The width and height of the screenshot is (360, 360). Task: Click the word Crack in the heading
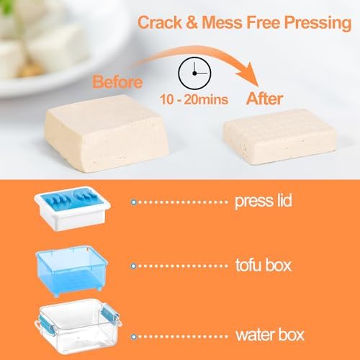point(160,22)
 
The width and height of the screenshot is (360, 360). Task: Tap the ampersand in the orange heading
point(192,22)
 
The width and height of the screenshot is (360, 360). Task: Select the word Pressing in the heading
point(318,24)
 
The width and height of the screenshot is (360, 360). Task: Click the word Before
point(117,82)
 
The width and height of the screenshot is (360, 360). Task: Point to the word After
point(264,99)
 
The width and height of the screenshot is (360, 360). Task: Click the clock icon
point(194,73)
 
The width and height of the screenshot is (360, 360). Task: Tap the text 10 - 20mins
point(194,99)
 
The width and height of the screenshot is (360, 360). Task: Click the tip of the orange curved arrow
point(258,86)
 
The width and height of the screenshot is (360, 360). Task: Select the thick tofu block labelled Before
point(107,133)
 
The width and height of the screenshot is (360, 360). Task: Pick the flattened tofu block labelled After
point(280,135)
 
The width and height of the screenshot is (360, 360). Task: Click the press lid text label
point(264,201)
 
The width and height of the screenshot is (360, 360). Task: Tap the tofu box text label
point(264,265)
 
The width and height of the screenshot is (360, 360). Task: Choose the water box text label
point(270,335)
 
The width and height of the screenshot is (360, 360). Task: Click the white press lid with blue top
point(72,209)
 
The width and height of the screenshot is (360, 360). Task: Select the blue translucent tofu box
point(72,270)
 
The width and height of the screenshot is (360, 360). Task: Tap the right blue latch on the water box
point(110,314)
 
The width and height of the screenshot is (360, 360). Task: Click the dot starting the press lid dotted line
point(134,202)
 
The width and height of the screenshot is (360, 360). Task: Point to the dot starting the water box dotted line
point(134,337)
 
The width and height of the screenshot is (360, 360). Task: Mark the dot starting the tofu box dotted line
point(134,266)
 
